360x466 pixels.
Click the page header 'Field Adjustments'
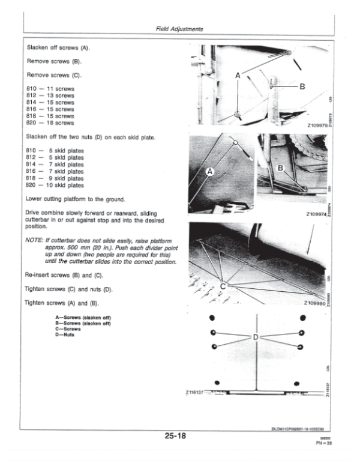coord(179,29)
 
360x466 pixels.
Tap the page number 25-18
coord(179,435)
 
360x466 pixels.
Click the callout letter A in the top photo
coord(238,76)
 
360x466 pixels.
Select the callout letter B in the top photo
coord(302,86)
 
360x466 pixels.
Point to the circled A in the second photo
coord(210,172)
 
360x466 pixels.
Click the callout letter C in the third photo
coord(223,286)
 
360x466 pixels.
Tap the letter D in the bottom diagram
coord(256,337)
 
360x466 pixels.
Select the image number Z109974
coord(316,214)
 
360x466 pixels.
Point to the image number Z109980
coord(316,303)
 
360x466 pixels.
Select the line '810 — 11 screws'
coord(51,89)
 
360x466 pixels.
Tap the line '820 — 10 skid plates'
coord(56,185)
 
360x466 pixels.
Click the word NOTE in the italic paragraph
coord(35,239)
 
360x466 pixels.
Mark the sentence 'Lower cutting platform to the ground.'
coord(75,199)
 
